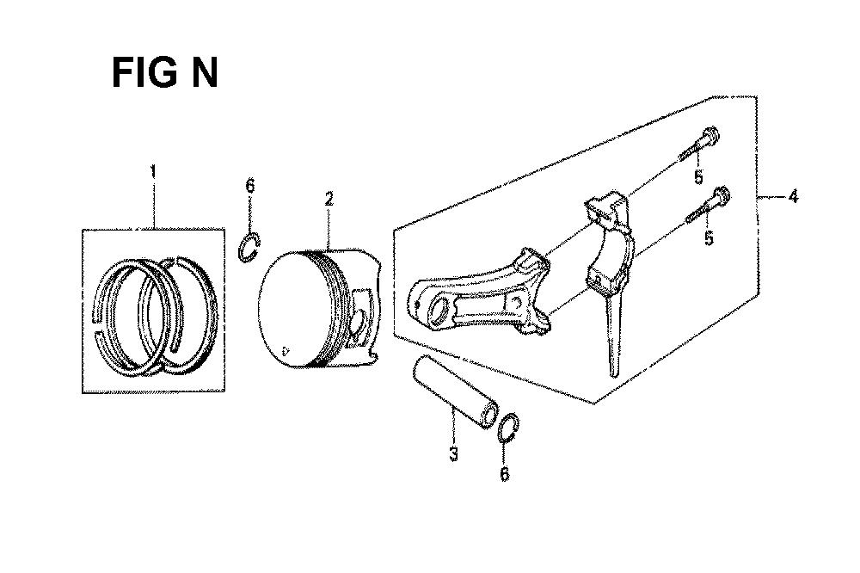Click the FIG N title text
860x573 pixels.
click(164, 73)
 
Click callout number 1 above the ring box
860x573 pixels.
click(153, 172)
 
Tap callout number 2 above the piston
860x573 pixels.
click(329, 199)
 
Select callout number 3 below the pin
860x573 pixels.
click(453, 454)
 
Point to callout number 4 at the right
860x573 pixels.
click(793, 196)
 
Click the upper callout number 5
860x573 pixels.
click(698, 177)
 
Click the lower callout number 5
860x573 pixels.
click(709, 238)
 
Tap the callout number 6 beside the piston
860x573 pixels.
click(250, 186)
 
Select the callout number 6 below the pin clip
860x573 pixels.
click(505, 473)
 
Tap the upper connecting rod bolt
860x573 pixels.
click(698, 142)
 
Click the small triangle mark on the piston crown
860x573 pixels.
click(284, 350)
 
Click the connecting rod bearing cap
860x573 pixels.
click(610, 242)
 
